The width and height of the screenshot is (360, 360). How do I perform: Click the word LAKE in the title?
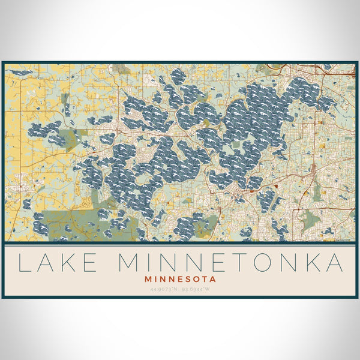pyautogui.click(x=58, y=262)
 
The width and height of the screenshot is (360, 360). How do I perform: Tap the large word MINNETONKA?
pyautogui.click(x=232, y=262)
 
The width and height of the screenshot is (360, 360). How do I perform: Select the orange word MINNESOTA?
pyautogui.click(x=180, y=279)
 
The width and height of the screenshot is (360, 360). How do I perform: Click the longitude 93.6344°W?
pyautogui.click(x=197, y=290)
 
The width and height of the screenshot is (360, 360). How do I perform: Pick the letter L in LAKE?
pyautogui.click(x=25, y=262)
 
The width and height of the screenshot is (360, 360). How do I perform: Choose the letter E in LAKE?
pyautogui.click(x=92, y=262)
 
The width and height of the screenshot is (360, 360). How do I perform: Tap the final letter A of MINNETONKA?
pyautogui.click(x=334, y=262)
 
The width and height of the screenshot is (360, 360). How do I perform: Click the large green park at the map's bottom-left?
pyautogui.click(x=72, y=222)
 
